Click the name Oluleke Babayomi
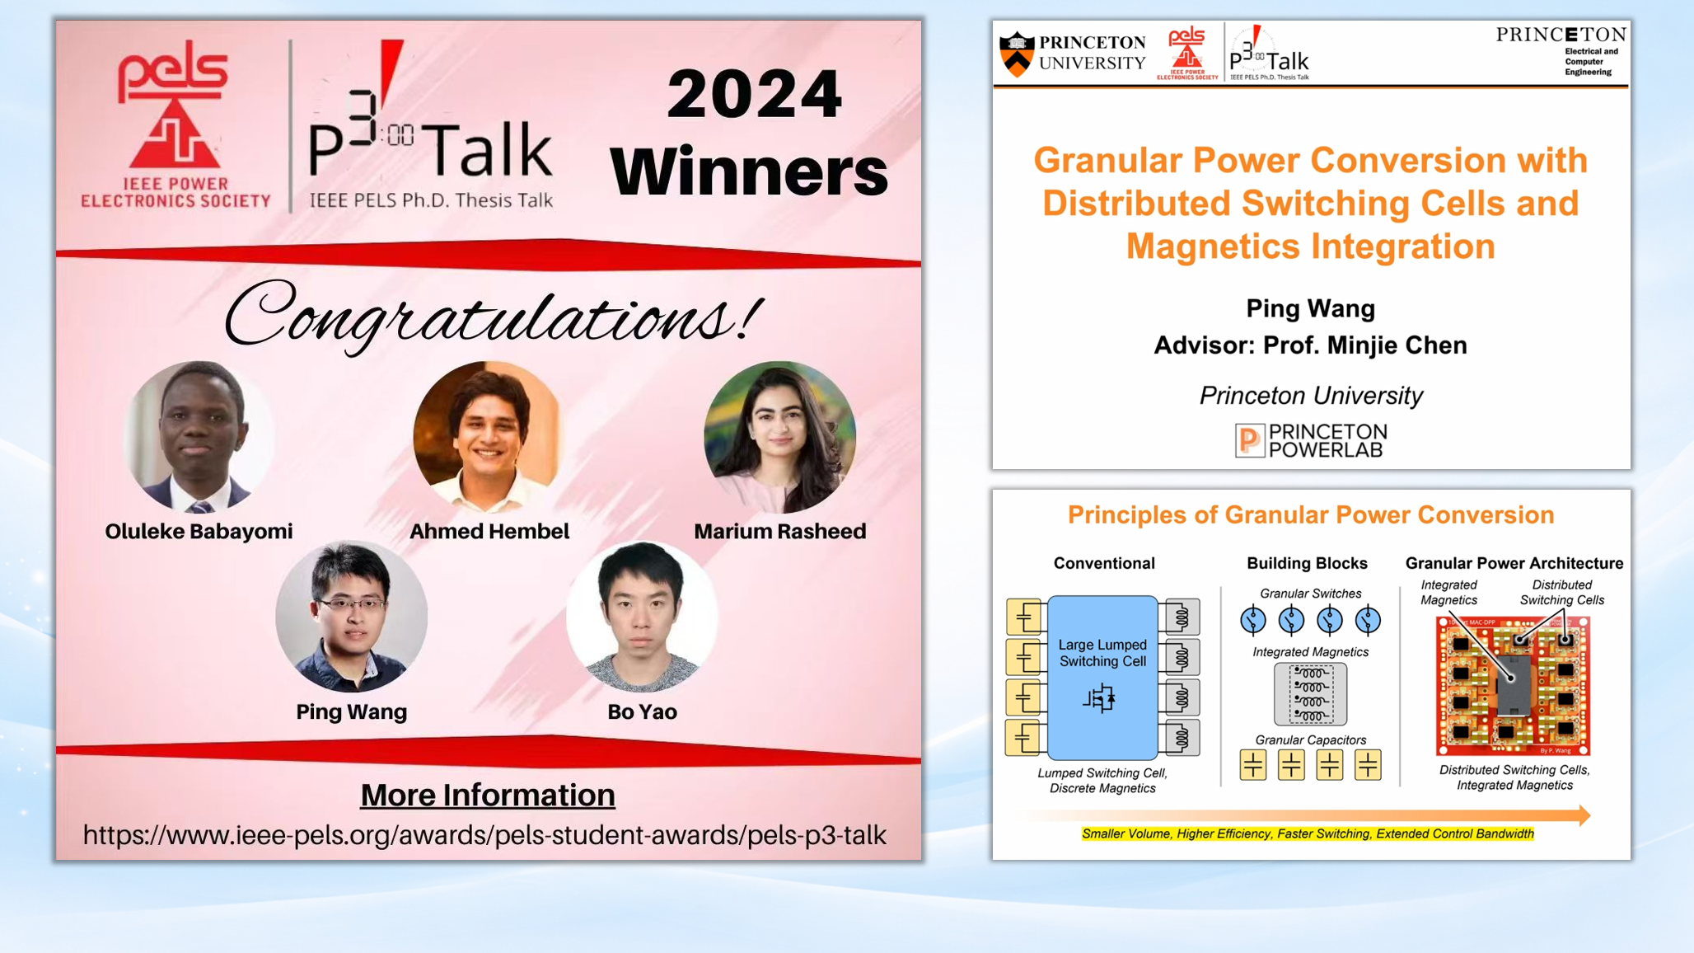pos(199,532)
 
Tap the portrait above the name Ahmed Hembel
pos(488,435)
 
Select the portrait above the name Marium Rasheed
pos(779,436)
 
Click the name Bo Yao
pos(642,711)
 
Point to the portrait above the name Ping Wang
pos(352,616)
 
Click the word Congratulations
pos(493,317)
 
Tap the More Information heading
pos(488,795)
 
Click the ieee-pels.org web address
pos(484,835)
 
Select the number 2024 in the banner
pos(754,94)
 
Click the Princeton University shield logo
pos(1017,54)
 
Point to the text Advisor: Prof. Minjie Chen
pos(1310,345)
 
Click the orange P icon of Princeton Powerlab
pos(1249,440)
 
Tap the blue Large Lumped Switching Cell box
pos(1102,677)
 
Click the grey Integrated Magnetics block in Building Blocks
pos(1310,694)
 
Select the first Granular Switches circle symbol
pos(1252,620)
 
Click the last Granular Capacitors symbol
pos(1368,765)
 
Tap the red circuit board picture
pos(1513,686)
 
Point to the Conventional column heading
pos(1104,563)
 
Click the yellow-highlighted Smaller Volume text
pos(1308,834)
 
